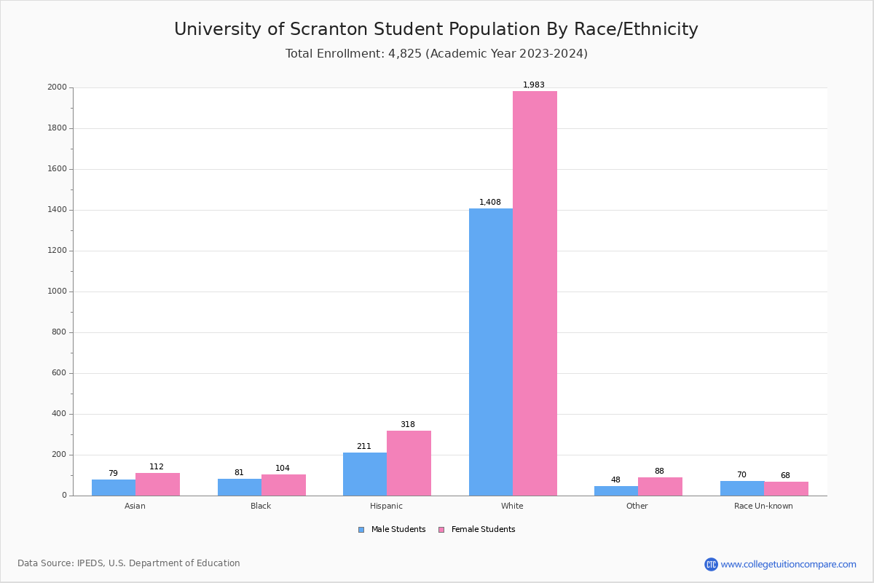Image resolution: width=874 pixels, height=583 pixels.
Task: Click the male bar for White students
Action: [490, 352]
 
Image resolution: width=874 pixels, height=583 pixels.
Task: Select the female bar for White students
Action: [535, 293]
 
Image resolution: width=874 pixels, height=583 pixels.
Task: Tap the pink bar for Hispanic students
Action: [409, 463]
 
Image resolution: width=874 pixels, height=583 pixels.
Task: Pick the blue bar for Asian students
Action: [114, 488]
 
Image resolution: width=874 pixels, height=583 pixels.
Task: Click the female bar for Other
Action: [660, 487]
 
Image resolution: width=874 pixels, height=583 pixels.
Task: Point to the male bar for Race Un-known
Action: [742, 488]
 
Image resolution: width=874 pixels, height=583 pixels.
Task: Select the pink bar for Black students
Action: [283, 485]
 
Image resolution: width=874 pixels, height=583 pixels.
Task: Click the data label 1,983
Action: [534, 85]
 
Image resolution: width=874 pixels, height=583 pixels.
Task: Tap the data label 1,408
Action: [490, 203]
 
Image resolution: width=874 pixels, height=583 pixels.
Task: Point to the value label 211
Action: [364, 447]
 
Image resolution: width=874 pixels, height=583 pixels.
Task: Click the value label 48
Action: [615, 480]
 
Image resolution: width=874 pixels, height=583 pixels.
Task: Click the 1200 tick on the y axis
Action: [58, 251]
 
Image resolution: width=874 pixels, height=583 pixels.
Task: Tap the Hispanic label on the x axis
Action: [386, 506]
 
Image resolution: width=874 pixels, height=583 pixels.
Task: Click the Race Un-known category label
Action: [763, 506]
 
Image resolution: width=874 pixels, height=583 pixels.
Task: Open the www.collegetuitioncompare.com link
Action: [788, 564]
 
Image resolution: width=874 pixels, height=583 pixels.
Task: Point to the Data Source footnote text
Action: [129, 563]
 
